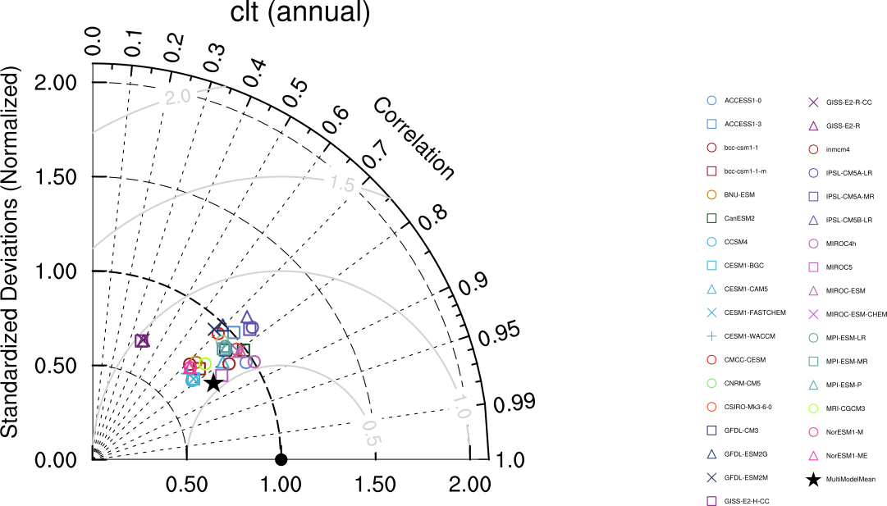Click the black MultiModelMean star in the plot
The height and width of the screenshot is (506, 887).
tap(213, 382)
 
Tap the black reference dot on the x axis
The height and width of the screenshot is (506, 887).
tap(281, 459)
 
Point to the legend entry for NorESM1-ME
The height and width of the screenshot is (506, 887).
tap(848, 455)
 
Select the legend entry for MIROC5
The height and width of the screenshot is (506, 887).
tap(839, 267)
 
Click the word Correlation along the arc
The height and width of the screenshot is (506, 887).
tap(414, 139)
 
